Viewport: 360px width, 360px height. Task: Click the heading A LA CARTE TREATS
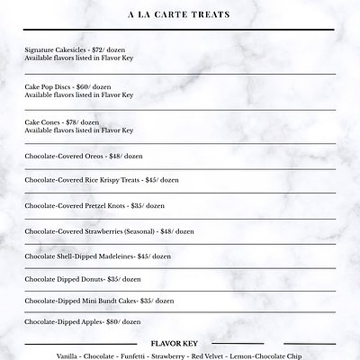pos(180,14)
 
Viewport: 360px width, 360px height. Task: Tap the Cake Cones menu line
pos(60,122)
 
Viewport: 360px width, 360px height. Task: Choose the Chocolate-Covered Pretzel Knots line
pos(94,205)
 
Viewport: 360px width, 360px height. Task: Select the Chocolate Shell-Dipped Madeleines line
pos(98,256)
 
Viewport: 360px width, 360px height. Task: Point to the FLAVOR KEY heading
pos(180,343)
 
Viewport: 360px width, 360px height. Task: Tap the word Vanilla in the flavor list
pos(67,355)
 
